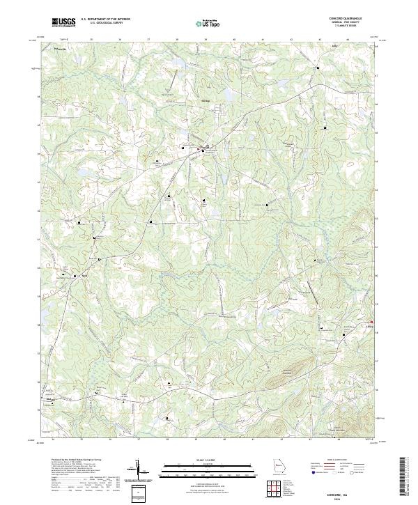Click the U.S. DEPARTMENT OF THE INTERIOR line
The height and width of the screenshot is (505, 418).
105,19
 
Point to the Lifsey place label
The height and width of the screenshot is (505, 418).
370,325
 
